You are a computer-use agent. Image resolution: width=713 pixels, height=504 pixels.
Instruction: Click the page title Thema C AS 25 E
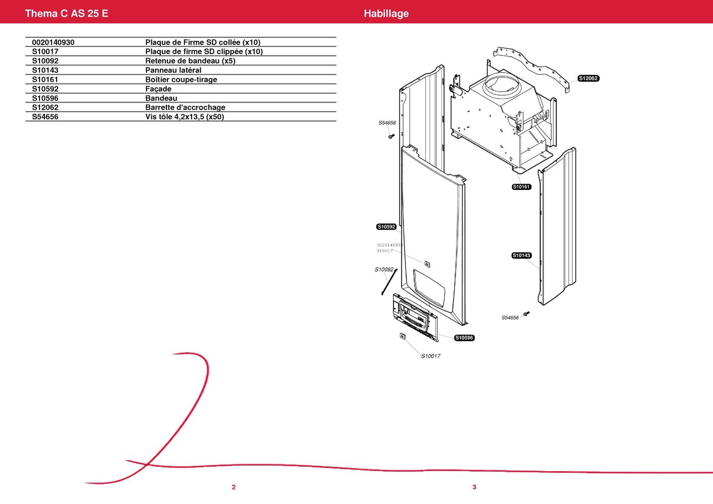pyautogui.click(x=67, y=13)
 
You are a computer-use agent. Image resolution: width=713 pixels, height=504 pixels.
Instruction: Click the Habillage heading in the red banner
pyautogui.click(x=386, y=13)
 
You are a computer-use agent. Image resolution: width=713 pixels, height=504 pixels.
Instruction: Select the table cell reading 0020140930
pyautogui.click(x=53, y=42)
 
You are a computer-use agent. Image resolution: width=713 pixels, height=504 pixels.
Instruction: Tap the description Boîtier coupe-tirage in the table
pyautogui.click(x=181, y=79)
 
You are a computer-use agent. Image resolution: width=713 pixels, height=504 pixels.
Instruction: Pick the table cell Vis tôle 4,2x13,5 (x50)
pyautogui.click(x=185, y=117)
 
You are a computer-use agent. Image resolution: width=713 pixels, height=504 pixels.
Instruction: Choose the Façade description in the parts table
pyautogui.click(x=158, y=89)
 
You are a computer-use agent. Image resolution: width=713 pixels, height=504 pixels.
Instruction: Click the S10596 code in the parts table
pyautogui.click(x=45, y=98)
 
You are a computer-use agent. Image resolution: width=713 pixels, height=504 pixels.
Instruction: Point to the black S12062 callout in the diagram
pyautogui.click(x=589, y=78)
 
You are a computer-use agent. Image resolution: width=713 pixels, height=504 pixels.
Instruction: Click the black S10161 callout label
pyautogui.click(x=521, y=187)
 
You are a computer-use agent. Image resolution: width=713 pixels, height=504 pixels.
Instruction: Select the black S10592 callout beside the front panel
pyautogui.click(x=386, y=226)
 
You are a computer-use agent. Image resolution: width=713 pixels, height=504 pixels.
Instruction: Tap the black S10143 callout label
pyautogui.click(x=521, y=255)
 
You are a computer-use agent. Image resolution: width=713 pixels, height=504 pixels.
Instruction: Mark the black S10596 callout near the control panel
pyautogui.click(x=464, y=338)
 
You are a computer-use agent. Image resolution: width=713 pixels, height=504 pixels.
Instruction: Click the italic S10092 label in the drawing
pyautogui.click(x=384, y=269)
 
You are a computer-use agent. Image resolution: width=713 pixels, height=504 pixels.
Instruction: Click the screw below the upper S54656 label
pyautogui.click(x=391, y=136)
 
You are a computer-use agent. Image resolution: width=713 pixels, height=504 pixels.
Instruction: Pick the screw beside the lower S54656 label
pyautogui.click(x=526, y=313)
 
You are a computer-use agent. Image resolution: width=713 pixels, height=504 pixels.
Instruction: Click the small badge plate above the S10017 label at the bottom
pyautogui.click(x=403, y=336)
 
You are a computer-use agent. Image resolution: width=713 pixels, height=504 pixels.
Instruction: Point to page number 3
pyautogui.click(x=474, y=487)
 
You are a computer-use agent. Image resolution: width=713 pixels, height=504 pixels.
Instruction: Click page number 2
pyautogui.click(x=234, y=487)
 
